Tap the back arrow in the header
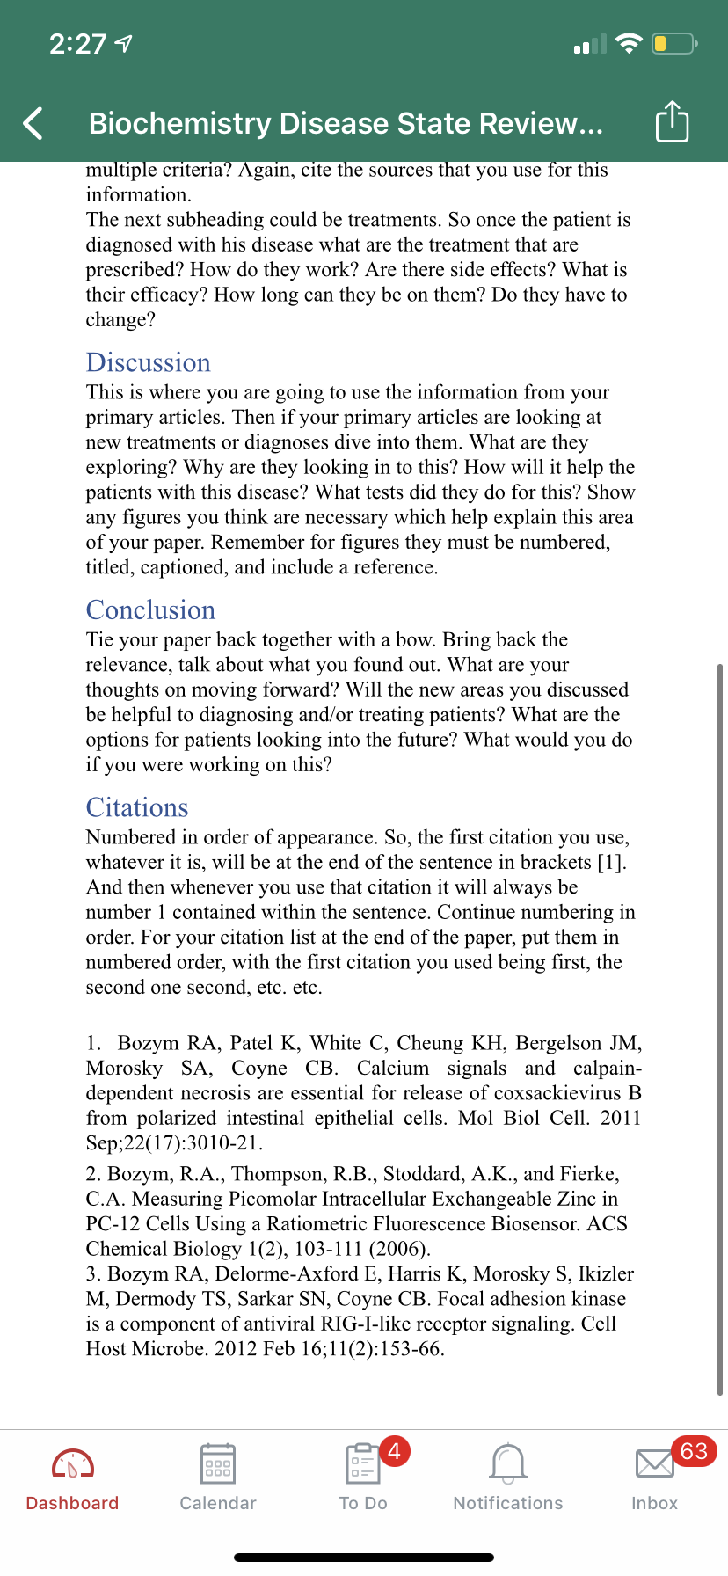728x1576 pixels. click(x=33, y=123)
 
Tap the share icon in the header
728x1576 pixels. click(x=672, y=121)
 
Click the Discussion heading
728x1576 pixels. click(x=149, y=362)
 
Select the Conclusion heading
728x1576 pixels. click(x=150, y=609)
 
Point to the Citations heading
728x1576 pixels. click(x=137, y=807)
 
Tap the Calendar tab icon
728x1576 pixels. click(x=217, y=1464)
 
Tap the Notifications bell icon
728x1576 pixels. click(x=508, y=1464)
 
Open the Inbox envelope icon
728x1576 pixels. click(x=653, y=1464)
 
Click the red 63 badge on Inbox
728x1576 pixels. click(x=694, y=1451)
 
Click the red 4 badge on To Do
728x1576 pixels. click(x=394, y=1450)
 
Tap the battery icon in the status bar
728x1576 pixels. click(x=673, y=43)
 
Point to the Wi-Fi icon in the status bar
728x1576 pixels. click(x=629, y=43)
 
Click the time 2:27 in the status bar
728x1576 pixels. click(x=77, y=44)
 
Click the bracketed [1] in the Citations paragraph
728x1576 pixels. click(x=611, y=862)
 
